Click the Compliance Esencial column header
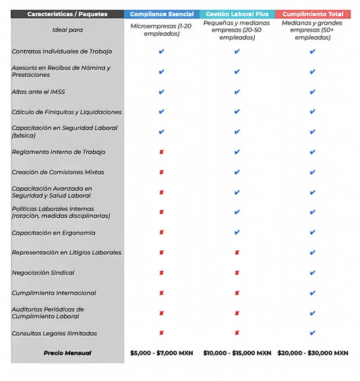click(162, 14)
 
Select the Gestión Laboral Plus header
click(237, 14)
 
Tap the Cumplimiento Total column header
click(313, 14)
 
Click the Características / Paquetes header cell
click(67, 14)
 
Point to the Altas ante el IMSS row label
click(38, 92)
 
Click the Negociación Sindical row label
click(43, 272)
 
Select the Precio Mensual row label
click(67, 353)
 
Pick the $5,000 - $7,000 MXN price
click(162, 353)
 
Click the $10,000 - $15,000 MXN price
click(237, 353)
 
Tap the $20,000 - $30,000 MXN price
click(313, 353)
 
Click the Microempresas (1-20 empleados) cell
click(161, 30)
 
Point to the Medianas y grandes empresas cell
click(312, 30)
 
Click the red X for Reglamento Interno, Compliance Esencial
click(162, 152)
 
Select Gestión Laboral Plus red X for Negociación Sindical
click(237, 272)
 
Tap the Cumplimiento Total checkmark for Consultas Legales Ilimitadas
click(313, 332)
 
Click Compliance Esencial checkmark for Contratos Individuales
click(162, 51)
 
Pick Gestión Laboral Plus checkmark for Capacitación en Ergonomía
click(237, 232)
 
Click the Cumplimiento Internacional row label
click(54, 293)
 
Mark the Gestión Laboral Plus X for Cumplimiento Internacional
click(237, 293)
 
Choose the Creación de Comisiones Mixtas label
click(58, 172)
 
